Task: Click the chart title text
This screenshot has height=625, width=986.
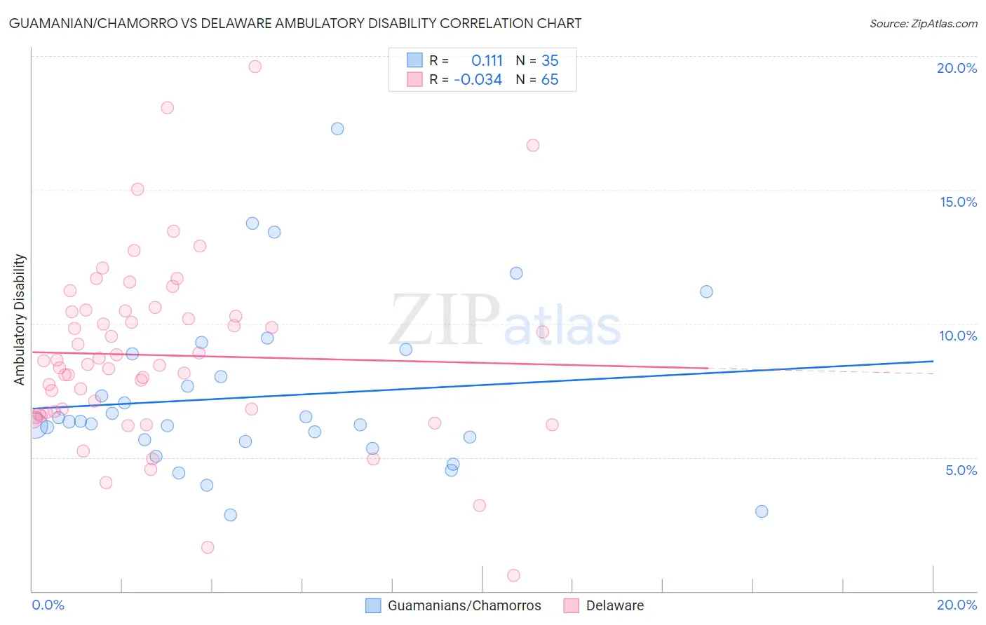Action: (295, 23)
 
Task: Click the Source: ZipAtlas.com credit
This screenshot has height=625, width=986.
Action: (923, 23)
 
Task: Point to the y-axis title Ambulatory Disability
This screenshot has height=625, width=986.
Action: (20, 320)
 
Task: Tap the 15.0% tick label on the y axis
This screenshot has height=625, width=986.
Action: (958, 202)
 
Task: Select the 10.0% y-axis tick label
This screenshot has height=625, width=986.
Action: (958, 336)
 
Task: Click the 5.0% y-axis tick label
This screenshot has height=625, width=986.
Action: (961, 470)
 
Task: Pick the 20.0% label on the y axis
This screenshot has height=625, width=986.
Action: (957, 68)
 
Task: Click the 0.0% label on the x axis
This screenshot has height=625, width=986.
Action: (48, 605)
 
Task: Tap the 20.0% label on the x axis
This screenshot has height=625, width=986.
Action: (957, 605)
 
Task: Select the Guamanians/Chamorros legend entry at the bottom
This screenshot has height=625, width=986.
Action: (454, 605)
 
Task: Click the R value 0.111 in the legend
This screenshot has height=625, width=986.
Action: (487, 61)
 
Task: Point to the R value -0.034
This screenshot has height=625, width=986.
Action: (478, 80)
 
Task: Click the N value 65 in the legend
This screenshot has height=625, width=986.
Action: (550, 80)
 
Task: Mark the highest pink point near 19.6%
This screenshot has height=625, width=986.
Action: (255, 67)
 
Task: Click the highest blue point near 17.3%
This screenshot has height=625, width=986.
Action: (337, 129)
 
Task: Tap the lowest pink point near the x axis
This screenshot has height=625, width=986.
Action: (513, 575)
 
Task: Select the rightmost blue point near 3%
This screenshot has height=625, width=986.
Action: (762, 511)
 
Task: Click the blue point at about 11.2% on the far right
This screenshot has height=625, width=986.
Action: (706, 291)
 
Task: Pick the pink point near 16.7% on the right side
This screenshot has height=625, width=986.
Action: (533, 146)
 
